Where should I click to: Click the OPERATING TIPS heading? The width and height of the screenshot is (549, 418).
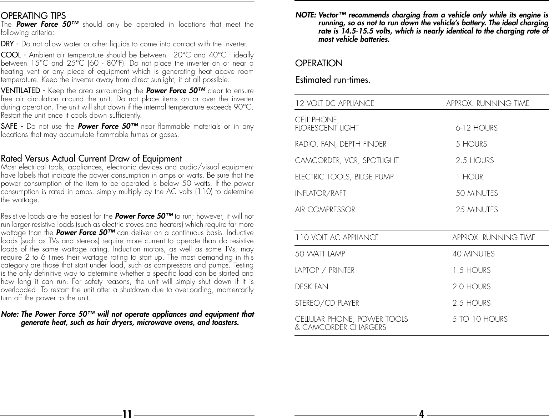(34, 16)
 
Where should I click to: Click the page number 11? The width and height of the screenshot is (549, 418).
(127, 414)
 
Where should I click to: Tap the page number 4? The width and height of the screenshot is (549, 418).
(422, 414)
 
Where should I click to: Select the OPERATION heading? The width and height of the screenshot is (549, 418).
(319, 63)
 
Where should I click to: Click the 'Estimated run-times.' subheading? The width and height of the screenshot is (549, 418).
(333, 80)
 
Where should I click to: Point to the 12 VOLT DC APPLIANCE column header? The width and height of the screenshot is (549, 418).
(334, 103)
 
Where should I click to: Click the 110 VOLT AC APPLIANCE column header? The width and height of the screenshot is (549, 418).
(337, 238)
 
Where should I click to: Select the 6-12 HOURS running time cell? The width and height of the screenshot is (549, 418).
(477, 128)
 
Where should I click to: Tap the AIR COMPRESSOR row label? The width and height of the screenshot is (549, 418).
(325, 210)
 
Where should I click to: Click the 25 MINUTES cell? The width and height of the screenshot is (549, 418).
(477, 210)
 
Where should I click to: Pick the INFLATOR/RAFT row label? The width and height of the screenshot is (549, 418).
(320, 193)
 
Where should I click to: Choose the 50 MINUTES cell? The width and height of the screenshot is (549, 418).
(477, 193)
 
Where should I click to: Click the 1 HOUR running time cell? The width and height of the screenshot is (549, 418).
(469, 177)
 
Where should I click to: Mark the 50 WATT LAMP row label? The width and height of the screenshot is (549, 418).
(320, 254)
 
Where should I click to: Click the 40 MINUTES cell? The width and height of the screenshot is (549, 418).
(473, 254)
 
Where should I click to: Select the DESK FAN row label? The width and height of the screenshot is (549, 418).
(311, 287)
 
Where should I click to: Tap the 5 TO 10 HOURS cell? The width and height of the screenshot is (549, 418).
(480, 319)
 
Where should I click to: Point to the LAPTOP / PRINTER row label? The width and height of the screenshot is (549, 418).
(324, 270)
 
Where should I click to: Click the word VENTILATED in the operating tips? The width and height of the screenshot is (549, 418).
(20, 91)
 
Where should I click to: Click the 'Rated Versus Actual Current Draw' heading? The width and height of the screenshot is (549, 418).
(91, 158)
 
